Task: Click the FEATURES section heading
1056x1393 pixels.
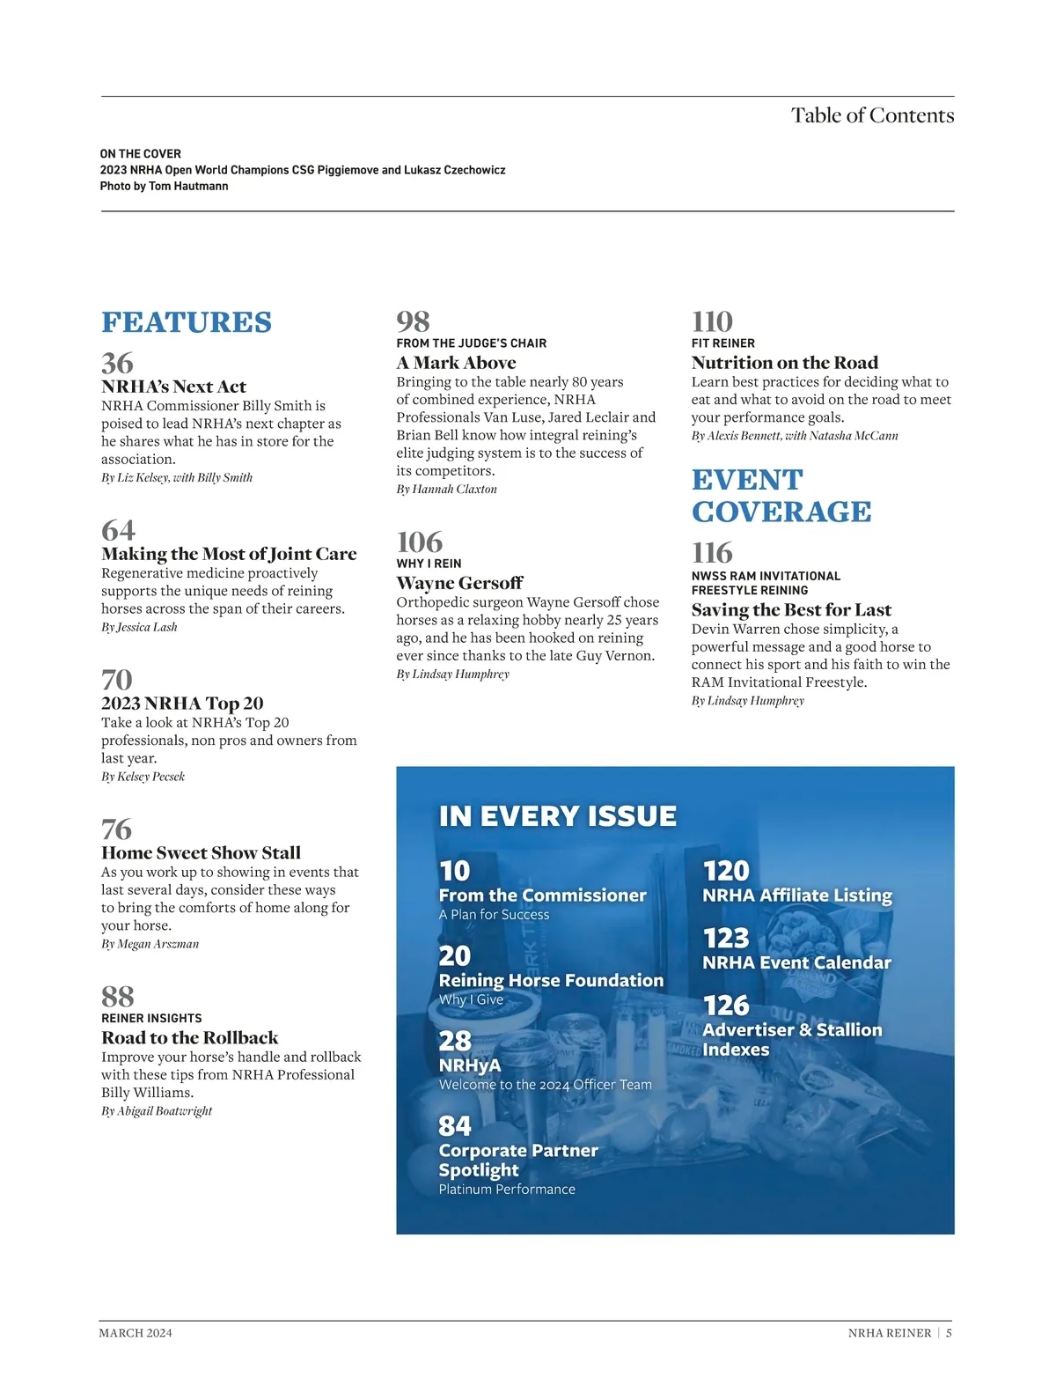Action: click(x=187, y=322)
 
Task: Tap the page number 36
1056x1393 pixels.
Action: click(x=117, y=363)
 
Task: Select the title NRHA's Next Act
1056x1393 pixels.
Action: click(x=173, y=387)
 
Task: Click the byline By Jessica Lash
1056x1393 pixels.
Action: click(x=139, y=627)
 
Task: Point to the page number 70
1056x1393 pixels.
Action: click(x=117, y=680)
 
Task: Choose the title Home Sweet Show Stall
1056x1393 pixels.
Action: click(x=201, y=852)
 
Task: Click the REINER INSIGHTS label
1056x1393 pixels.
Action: click(x=151, y=1018)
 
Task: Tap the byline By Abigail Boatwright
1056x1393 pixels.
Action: click(x=157, y=1111)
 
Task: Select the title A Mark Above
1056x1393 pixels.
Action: click(x=456, y=363)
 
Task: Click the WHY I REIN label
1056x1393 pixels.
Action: click(x=429, y=564)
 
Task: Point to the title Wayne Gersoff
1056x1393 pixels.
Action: click(x=459, y=583)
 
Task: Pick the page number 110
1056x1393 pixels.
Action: click(x=712, y=321)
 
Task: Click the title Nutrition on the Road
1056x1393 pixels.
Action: click(x=784, y=363)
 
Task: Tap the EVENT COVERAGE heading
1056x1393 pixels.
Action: click(x=781, y=495)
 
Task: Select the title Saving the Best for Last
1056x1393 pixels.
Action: click(x=791, y=610)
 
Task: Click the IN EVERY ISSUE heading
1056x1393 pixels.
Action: click(x=557, y=816)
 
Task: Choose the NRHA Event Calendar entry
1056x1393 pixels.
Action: click(x=796, y=962)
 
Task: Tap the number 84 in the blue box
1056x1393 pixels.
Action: click(x=455, y=1125)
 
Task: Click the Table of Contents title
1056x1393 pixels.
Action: click(x=872, y=115)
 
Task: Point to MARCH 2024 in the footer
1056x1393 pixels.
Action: click(x=136, y=1333)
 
